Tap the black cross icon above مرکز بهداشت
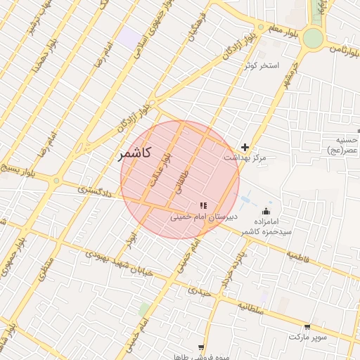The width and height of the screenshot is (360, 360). click(x=245, y=147)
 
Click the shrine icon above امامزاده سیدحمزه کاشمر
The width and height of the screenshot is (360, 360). click(x=266, y=211)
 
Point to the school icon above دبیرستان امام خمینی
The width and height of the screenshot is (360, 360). click(x=202, y=205)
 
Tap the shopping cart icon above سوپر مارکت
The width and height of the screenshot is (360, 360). click(x=307, y=326)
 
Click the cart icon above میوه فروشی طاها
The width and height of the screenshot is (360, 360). click(x=202, y=347)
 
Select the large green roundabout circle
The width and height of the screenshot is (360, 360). click(x=313, y=38)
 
